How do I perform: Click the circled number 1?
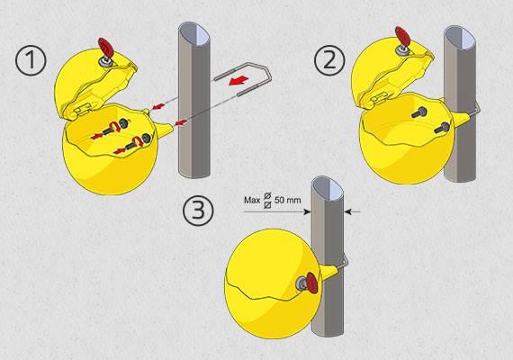pyautogui.click(x=31, y=60)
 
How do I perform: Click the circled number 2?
pyautogui.click(x=329, y=60)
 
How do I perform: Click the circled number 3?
pyautogui.click(x=198, y=210)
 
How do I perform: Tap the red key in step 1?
pyautogui.click(x=105, y=47)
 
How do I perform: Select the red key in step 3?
pyautogui.click(x=311, y=283)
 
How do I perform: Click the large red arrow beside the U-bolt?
pyautogui.click(x=238, y=80)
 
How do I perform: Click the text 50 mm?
pyautogui.click(x=288, y=200)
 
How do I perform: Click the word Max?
pyautogui.click(x=252, y=200)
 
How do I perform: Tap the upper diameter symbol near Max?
pyautogui.click(x=267, y=195)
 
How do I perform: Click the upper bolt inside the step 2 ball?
pyautogui.click(x=419, y=112)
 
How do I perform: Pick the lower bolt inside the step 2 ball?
pyautogui.click(x=441, y=128)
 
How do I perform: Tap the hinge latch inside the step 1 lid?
pyautogui.click(x=81, y=108)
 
